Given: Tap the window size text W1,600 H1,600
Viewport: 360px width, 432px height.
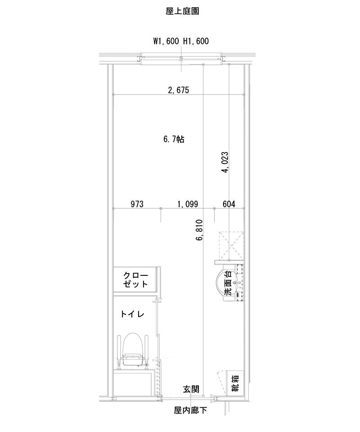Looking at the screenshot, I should click(181, 41).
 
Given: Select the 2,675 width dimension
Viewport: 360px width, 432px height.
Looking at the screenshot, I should click(178, 90).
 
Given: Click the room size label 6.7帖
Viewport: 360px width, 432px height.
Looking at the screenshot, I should click(174, 139).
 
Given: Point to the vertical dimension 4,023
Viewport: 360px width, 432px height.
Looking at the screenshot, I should click(225, 162).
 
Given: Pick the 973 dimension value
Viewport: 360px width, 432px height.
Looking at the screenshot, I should click(137, 204).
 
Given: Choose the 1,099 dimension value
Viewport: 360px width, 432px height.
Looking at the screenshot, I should click(188, 204).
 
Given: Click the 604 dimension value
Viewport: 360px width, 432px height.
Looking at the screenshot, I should click(229, 204).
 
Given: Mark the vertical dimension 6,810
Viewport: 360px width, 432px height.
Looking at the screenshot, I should click(199, 231).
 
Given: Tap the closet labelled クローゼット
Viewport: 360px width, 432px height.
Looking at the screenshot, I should click(135, 280).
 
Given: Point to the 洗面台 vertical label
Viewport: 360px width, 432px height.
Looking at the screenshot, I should click(229, 283).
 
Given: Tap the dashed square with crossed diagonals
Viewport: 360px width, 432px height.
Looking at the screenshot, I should click(231, 245).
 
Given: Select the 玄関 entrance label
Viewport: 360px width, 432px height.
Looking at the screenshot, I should click(191, 389).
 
